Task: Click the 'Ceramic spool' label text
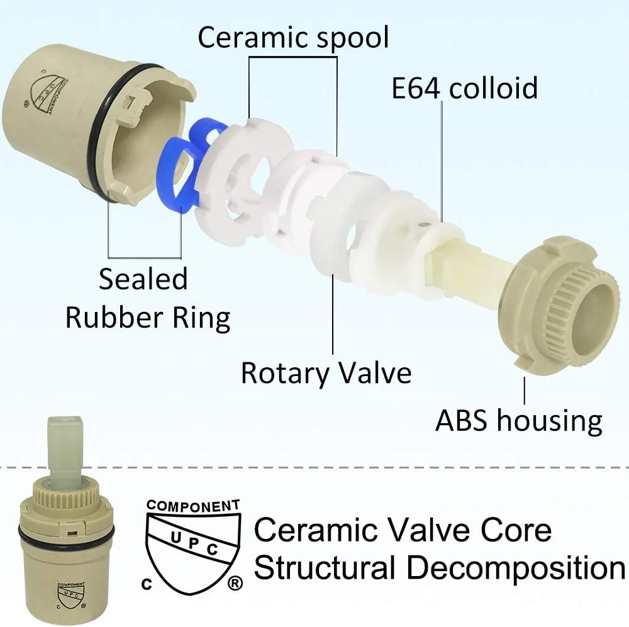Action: click(293, 37)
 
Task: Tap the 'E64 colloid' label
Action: click(464, 88)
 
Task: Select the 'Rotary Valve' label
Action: click(326, 373)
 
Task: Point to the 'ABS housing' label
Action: click(519, 420)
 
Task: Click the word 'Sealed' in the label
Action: click(143, 279)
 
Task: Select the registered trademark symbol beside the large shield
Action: click(235, 583)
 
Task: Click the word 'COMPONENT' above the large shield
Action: click(193, 506)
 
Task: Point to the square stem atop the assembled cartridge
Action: click(67, 445)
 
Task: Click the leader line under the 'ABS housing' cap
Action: click(525, 391)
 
